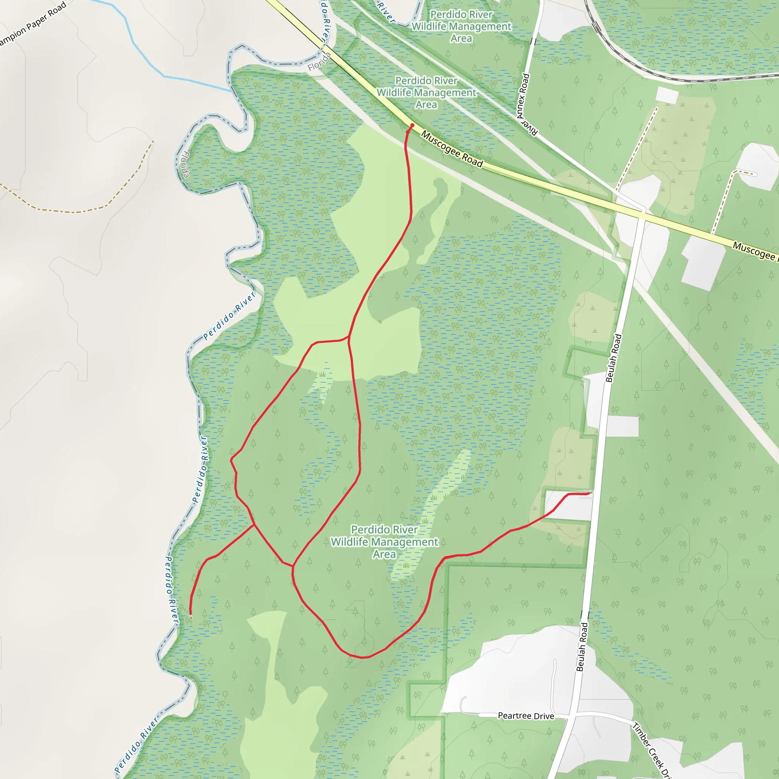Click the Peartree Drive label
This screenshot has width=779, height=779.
coord(526,716)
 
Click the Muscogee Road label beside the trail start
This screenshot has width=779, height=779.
coord(452,149)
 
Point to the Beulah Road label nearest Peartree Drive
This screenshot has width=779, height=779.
coord(582,647)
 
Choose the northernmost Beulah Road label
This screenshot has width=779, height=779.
coord(613,358)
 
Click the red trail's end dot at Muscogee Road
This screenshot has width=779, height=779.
coord(412,126)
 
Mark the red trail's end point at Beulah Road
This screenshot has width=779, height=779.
coord(589,493)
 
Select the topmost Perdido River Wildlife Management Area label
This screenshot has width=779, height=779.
coord(461,26)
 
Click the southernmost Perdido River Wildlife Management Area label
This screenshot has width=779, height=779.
coord(384,542)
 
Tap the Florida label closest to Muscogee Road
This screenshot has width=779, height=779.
coord(320,62)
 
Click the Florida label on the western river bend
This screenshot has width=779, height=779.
coord(184,164)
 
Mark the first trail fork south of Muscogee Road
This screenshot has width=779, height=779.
coord(349,337)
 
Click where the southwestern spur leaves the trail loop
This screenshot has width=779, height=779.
coord(254,525)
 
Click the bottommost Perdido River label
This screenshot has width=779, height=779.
coord(136,745)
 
